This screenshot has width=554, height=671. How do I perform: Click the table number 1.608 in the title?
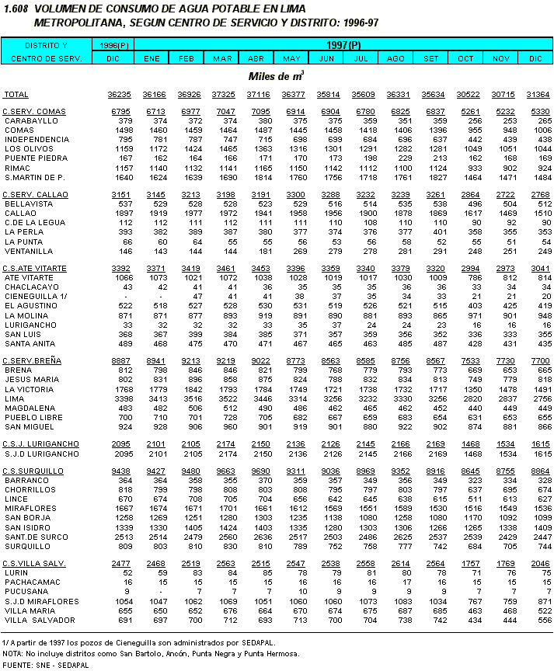(x=15, y=8)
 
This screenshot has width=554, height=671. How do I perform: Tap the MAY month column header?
(x=293, y=58)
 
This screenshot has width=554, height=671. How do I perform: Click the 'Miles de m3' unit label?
(x=276, y=76)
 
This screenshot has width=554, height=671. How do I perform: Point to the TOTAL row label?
(x=17, y=94)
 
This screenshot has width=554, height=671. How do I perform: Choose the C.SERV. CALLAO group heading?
(x=35, y=194)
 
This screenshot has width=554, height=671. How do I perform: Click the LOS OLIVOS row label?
(x=29, y=148)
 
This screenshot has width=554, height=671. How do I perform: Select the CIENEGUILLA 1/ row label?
(x=35, y=296)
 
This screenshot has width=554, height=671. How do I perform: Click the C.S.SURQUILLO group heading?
(x=33, y=471)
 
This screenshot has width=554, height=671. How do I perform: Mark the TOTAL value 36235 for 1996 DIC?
(x=119, y=94)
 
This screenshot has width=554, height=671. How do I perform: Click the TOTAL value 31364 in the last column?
(x=538, y=94)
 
